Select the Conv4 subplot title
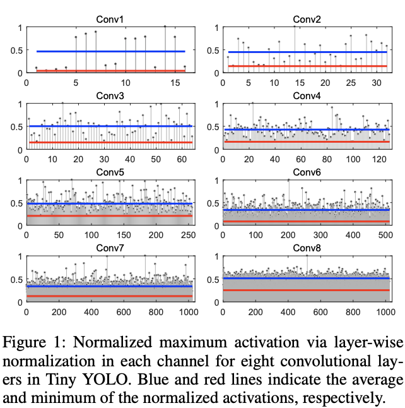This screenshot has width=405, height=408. tap(308, 96)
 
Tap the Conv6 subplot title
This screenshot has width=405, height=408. tap(308, 172)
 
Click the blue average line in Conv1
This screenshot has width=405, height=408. tap(110, 51)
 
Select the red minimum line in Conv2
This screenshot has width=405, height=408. tap(307, 66)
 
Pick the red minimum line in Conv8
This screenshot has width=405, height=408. tap(307, 290)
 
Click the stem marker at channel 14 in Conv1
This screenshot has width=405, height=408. tap(165, 27)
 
